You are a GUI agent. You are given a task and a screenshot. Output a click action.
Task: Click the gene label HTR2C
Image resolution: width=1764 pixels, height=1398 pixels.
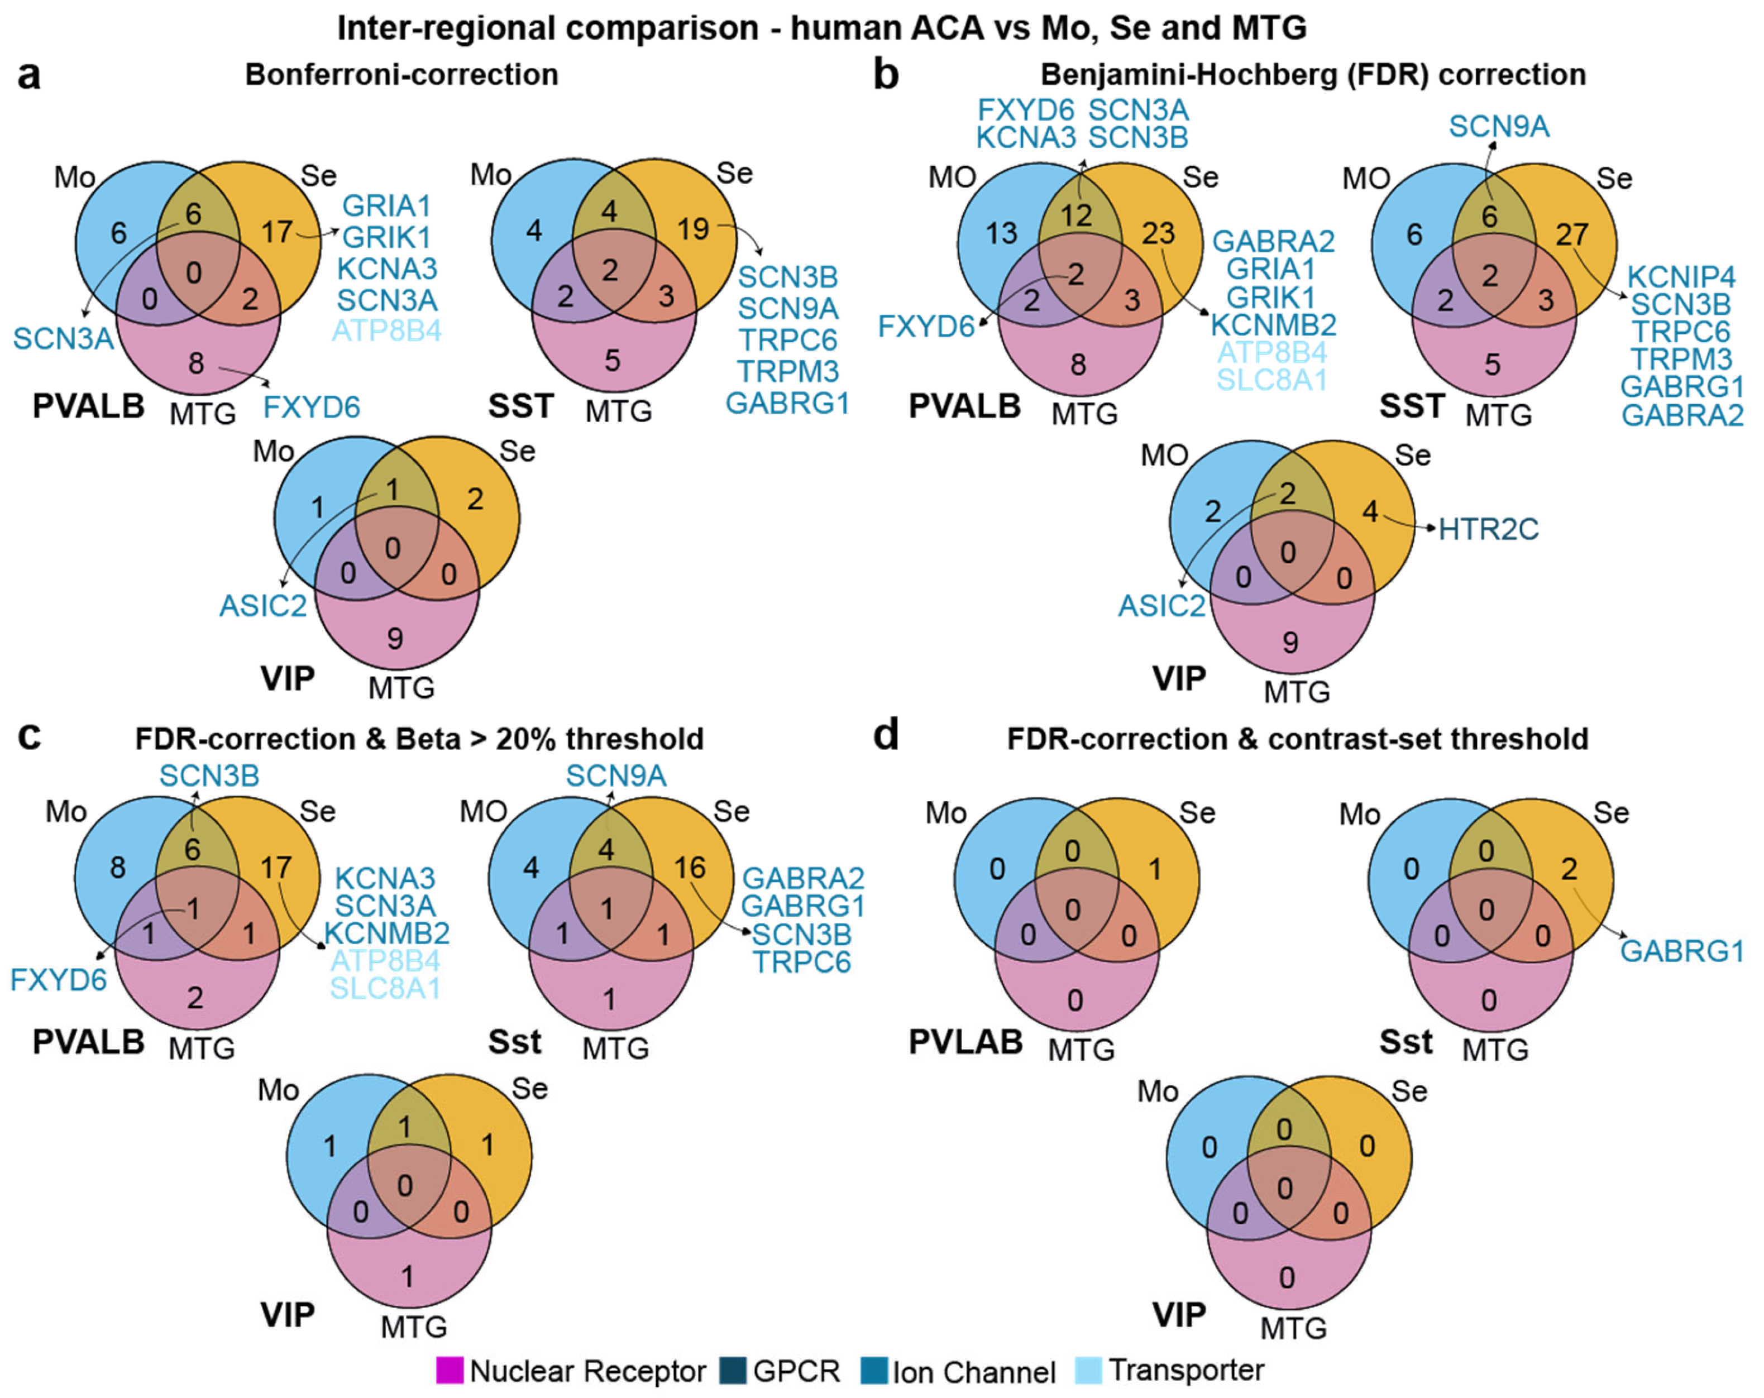click(1488, 529)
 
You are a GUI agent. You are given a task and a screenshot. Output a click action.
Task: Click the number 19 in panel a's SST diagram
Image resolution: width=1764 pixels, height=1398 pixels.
click(693, 229)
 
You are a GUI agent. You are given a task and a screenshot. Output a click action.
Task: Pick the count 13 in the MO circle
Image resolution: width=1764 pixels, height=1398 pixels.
click(1001, 233)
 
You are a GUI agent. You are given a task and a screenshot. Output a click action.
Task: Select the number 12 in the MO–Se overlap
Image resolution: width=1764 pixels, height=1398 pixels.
click(1077, 215)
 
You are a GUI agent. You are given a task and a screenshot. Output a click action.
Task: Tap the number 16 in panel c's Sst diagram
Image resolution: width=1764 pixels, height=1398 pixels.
click(690, 867)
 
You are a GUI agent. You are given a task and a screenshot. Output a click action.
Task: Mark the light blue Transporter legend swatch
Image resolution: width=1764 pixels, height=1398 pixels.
click(1089, 1370)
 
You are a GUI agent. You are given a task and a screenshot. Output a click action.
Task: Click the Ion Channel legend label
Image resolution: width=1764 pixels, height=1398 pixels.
click(974, 1372)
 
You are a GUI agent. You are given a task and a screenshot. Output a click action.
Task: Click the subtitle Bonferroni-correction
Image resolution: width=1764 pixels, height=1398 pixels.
click(401, 74)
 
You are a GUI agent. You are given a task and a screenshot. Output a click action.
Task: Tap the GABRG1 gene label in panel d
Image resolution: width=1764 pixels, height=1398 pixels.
click(1682, 951)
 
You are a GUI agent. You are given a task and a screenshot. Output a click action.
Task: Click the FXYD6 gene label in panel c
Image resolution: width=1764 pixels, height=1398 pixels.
click(58, 979)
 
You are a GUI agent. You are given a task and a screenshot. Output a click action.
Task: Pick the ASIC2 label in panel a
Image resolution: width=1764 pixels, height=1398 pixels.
click(262, 605)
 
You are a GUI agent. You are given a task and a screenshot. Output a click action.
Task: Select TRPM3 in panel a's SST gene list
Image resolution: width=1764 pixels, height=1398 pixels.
click(788, 371)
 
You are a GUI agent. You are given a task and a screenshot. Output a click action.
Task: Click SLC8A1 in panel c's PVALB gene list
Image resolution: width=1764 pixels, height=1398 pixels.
click(385, 988)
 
